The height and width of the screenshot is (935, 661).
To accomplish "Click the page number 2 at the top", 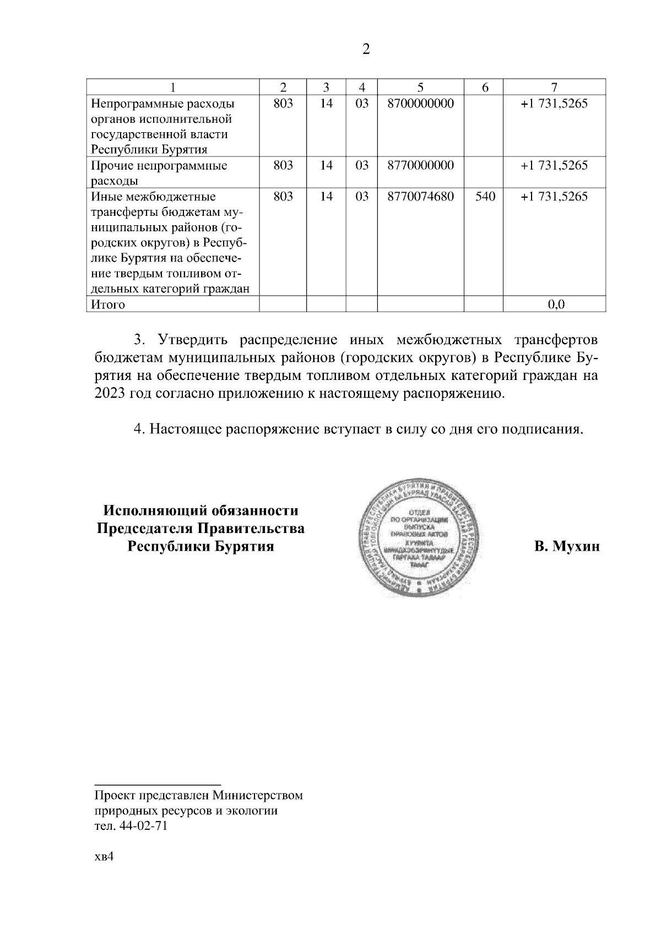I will tap(366, 50).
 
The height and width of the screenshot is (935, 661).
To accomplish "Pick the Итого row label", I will tap(108, 305).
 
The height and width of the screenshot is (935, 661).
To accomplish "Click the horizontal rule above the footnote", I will tap(158, 782).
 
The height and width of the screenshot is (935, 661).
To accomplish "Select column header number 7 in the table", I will tap(554, 87).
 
